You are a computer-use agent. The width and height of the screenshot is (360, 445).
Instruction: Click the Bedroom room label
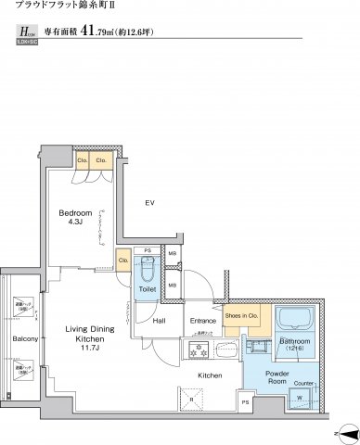click(x=75, y=212)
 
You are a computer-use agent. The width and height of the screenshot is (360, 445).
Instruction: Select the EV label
click(x=149, y=202)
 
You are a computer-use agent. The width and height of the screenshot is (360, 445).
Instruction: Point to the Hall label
click(x=160, y=321)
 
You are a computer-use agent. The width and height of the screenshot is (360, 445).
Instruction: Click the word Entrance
click(x=202, y=321)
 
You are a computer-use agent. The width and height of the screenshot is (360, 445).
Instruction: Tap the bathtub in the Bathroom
click(x=296, y=320)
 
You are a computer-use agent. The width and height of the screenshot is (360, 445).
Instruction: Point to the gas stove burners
click(x=196, y=350)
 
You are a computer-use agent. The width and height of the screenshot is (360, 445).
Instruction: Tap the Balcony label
click(x=25, y=338)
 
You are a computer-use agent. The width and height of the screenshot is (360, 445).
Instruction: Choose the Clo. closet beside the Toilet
click(x=123, y=261)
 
